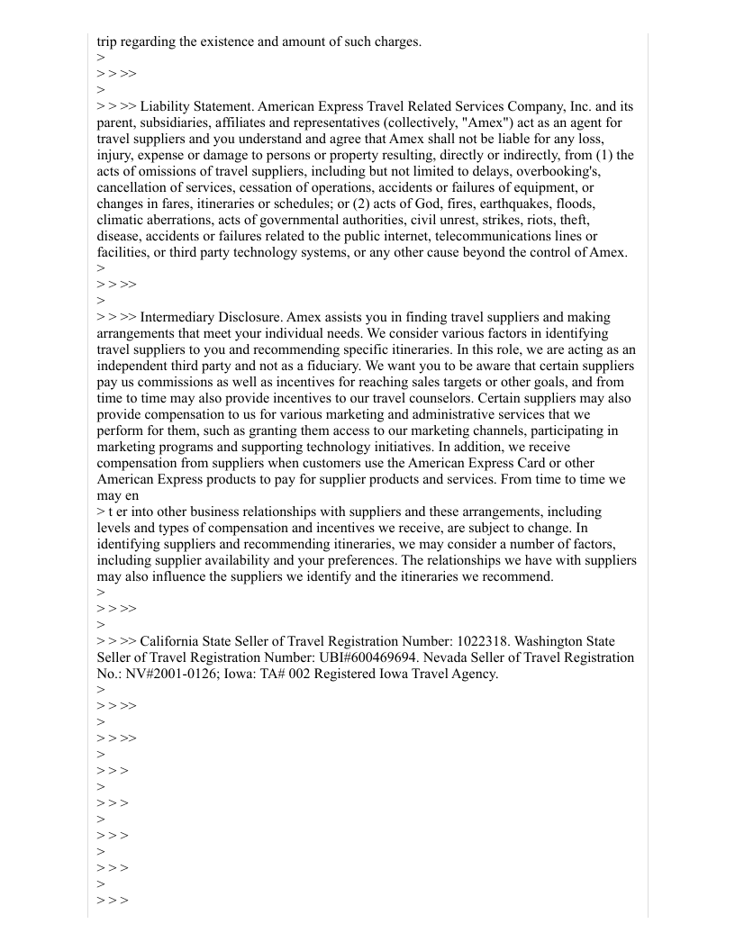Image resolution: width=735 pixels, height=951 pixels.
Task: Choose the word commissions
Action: (175, 382)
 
